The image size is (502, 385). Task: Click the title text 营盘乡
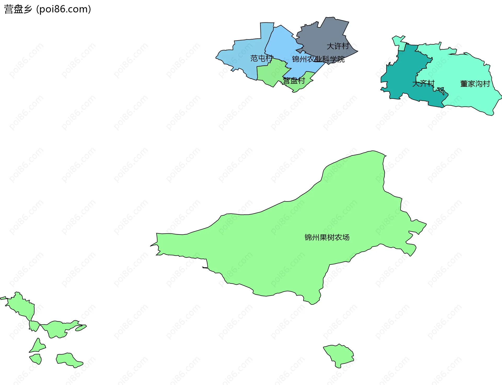click(18, 9)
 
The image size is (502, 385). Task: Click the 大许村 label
click(338, 46)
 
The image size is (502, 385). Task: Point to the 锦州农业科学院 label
click(318, 59)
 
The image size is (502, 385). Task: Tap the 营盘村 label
click(294, 81)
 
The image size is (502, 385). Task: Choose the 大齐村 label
click(423, 84)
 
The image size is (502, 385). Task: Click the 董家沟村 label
click(475, 84)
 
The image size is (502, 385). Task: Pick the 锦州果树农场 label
click(327, 237)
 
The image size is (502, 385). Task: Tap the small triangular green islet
click(38, 346)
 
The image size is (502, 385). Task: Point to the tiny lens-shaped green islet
click(81, 327)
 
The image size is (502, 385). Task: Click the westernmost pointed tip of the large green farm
click(151, 246)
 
